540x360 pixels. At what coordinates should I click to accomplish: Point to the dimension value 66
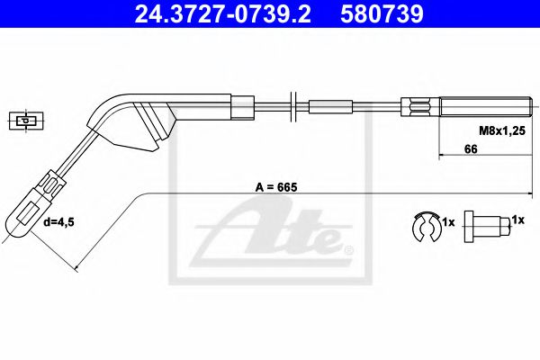click(x=470, y=149)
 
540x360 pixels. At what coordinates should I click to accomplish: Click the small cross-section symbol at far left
click(x=24, y=120)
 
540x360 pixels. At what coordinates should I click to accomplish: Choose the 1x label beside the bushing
click(x=517, y=220)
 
